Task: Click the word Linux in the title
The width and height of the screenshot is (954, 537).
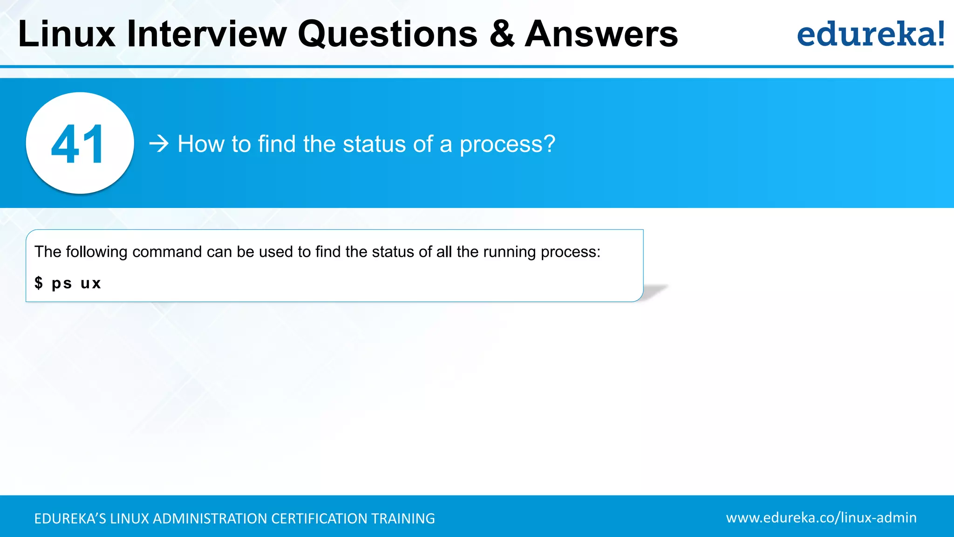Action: click(x=67, y=34)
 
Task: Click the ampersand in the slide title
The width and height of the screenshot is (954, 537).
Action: click(x=502, y=34)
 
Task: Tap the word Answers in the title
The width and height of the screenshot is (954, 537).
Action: click(x=601, y=34)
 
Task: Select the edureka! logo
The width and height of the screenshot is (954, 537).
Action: click(x=871, y=34)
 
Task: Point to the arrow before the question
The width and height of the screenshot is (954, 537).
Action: click(x=159, y=144)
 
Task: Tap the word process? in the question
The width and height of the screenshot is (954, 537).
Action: click(x=507, y=145)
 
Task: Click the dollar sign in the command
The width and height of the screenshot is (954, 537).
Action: click(x=39, y=282)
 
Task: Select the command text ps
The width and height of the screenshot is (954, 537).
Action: click(x=61, y=283)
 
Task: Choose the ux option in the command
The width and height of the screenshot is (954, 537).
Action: click(x=90, y=283)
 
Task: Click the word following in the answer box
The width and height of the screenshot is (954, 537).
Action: click(x=96, y=252)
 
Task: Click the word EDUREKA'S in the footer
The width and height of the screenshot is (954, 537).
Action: click(x=70, y=518)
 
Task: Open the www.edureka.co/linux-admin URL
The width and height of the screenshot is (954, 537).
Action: click(x=821, y=517)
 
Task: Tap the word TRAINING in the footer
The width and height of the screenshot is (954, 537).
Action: click(x=403, y=518)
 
